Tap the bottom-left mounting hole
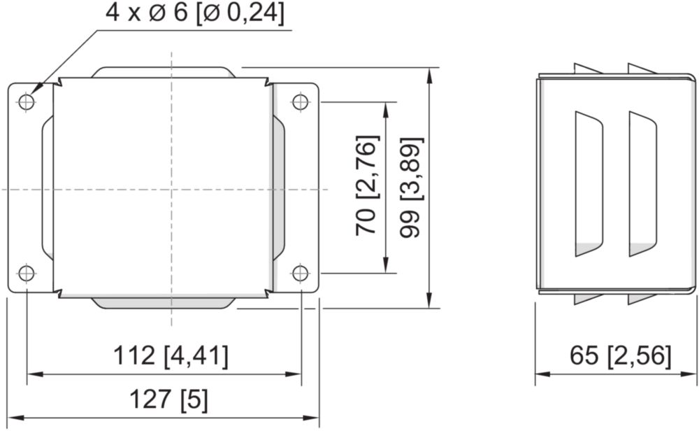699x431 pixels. coord(27,273)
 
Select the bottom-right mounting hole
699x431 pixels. coord(301,273)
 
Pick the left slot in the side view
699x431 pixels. coord(589,184)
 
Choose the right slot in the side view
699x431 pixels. coord(642,184)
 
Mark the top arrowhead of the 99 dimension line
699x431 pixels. coord(429,74)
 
